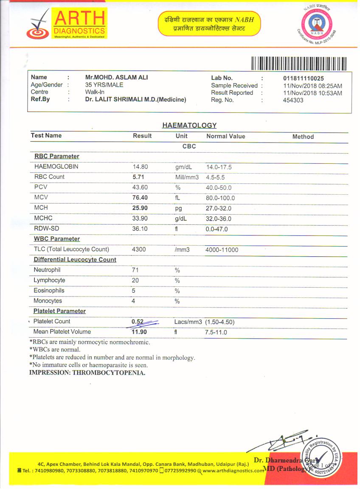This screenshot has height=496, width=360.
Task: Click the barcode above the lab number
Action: coord(299,63)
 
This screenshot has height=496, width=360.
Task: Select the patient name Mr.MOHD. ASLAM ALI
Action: coord(116,78)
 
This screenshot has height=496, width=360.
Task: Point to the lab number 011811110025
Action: coord(303,78)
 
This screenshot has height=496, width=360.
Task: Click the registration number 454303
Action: coord(293,101)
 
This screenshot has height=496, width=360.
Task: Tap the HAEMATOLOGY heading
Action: coord(189,126)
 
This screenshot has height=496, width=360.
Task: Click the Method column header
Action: coord(303,137)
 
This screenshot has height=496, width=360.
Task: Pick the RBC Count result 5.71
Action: coord(139,177)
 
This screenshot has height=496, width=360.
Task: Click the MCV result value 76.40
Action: coord(140,198)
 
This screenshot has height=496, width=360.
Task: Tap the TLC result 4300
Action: coord(139,249)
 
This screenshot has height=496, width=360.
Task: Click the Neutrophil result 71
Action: coord(135,270)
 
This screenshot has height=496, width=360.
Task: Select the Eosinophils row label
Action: coord(49,291)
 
